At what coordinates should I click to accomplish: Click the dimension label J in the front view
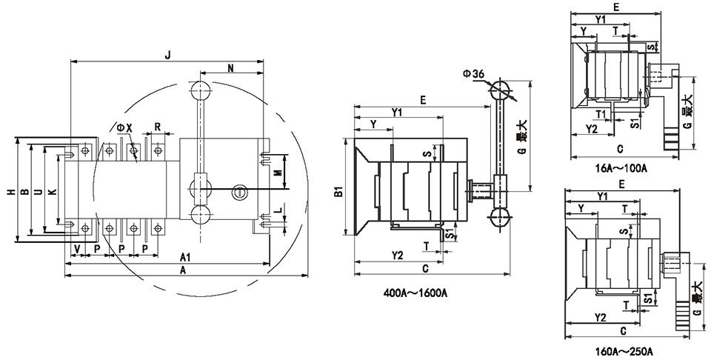[168, 53]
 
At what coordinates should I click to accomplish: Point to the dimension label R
[158, 125]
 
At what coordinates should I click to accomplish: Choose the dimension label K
[50, 192]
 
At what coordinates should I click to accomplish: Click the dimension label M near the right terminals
[277, 173]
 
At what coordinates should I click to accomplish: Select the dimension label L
[277, 213]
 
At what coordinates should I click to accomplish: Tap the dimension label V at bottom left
[77, 247]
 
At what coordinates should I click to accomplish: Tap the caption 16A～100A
[622, 168]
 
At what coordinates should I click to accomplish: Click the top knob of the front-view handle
[201, 91]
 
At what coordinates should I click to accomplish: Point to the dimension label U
[37, 192]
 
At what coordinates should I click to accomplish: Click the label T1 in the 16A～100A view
[603, 113]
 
